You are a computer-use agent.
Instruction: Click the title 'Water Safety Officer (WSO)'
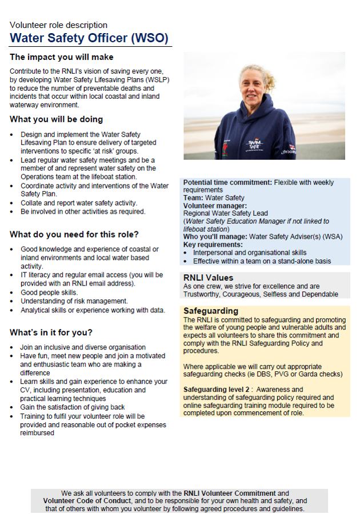pyautogui.click(x=89, y=38)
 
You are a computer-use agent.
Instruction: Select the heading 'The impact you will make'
pyautogui.click(x=62, y=57)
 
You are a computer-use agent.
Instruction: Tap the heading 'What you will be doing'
pyautogui.click(x=57, y=119)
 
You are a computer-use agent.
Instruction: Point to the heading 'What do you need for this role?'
pyautogui.click(x=74, y=234)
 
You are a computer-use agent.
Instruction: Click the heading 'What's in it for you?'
pyautogui.click(x=51, y=332)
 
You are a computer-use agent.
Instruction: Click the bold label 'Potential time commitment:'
pyautogui.click(x=227, y=183)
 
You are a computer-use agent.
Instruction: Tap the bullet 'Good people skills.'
pyautogui.click(x=49, y=292)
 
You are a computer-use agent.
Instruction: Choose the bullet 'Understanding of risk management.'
pyautogui.click(x=74, y=301)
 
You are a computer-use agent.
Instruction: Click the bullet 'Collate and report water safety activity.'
pyautogui.click(x=79, y=203)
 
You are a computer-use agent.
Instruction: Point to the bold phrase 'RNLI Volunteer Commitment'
pyautogui.click(x=229, y=493)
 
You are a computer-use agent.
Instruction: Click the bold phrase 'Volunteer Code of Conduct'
pyautogui.click(x=89, y=501)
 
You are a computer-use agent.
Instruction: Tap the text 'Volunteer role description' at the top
pyautogui.click(x=58, y=25)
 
